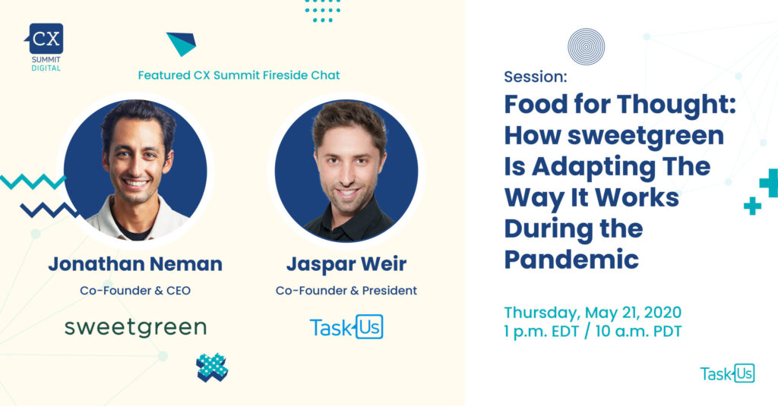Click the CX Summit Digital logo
pyautogui.click(x=45, y=47)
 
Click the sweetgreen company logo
pyautogui.click(x=135, y=328)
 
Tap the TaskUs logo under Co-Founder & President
pyautogui.click(x=346, y=327)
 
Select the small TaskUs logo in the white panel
pyautogui.click(x=727, y=373)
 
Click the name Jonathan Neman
pyautogui.click(x=135, y=264)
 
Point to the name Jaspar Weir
pyautogui.click(x=346, y=264)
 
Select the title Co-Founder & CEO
pyautogui.click(x=135, y=291)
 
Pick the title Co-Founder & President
pyautogui.click(x=346, y=291)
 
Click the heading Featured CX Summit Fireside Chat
pyautogui.click(x=239, y=75)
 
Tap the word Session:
pyautogui.click(x=536, y=77)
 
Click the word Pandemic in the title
pyautogui.click(x=571, y=260)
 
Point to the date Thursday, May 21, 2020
pyautogui.click(x=593, y=313)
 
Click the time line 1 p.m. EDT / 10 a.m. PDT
pyautogui.click(x=593, y=331)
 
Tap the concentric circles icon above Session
pyautogui.click(x=586, y=46)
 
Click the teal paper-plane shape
pyautogui.click(x=182, y=43)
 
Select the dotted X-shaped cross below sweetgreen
pyautogui.click(x=212, y=367)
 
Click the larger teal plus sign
pyautogui.click(x=770, y=182)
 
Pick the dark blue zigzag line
pyautogui.click(x=49, y=210)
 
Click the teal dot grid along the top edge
pyautogui.click(x=322, y=11)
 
